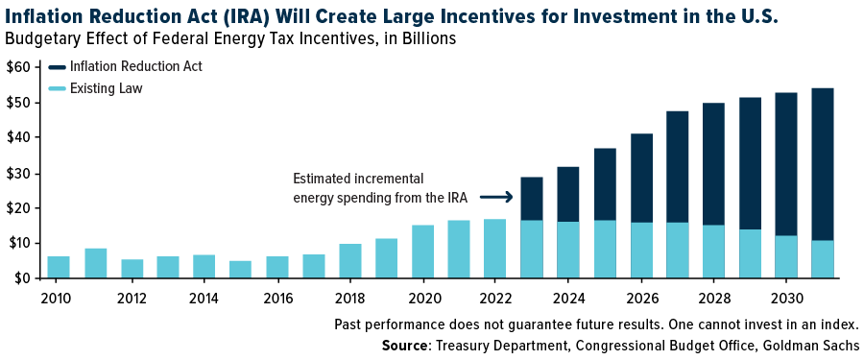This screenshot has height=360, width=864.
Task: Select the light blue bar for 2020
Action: [422, 252]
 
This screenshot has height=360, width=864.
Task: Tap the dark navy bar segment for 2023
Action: [532, 199]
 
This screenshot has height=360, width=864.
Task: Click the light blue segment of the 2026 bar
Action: [641, 250]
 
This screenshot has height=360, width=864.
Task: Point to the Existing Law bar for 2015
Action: [240, 269]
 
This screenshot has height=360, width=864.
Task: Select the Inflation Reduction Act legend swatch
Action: [58, 66]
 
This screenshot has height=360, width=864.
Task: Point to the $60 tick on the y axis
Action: [18, 66]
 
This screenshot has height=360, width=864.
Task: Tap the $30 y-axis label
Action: [18, 173]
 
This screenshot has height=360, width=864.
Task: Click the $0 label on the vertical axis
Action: [22, 278]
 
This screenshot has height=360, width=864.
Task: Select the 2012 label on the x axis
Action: [132, 298]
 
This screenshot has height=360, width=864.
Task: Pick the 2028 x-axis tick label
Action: [713, 298]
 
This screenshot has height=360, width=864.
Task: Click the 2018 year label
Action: [349, 298]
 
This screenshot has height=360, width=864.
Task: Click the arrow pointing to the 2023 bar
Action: [496, 197]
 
